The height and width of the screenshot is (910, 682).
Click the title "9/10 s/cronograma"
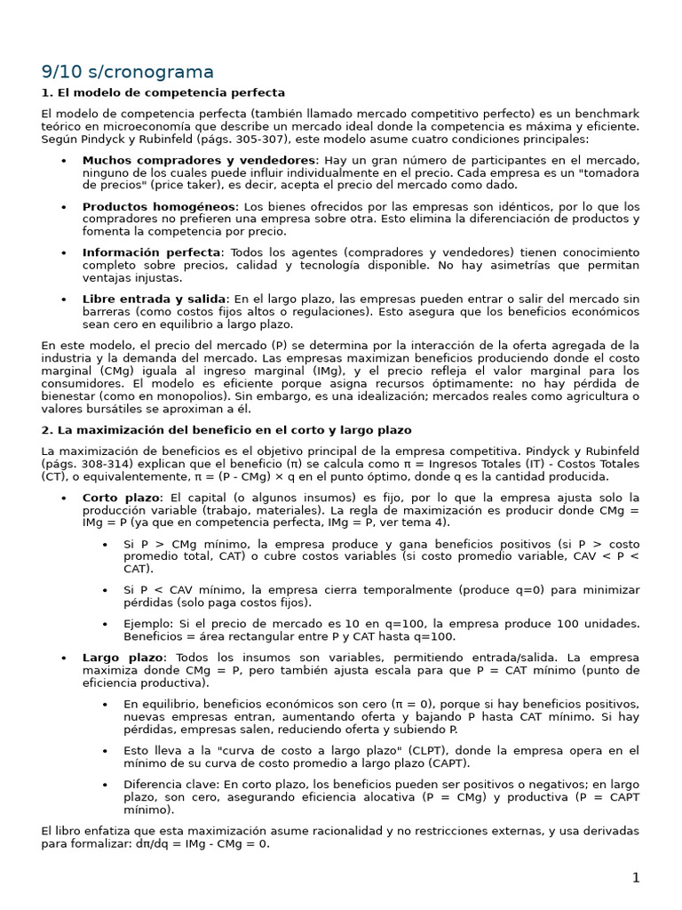128,72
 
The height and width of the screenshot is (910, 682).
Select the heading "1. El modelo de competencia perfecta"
163,92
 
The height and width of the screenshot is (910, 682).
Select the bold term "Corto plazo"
122,498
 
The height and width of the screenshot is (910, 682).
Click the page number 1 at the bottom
635,878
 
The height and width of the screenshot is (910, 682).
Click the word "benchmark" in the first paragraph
606,114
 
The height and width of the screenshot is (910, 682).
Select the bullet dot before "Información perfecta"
63,252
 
